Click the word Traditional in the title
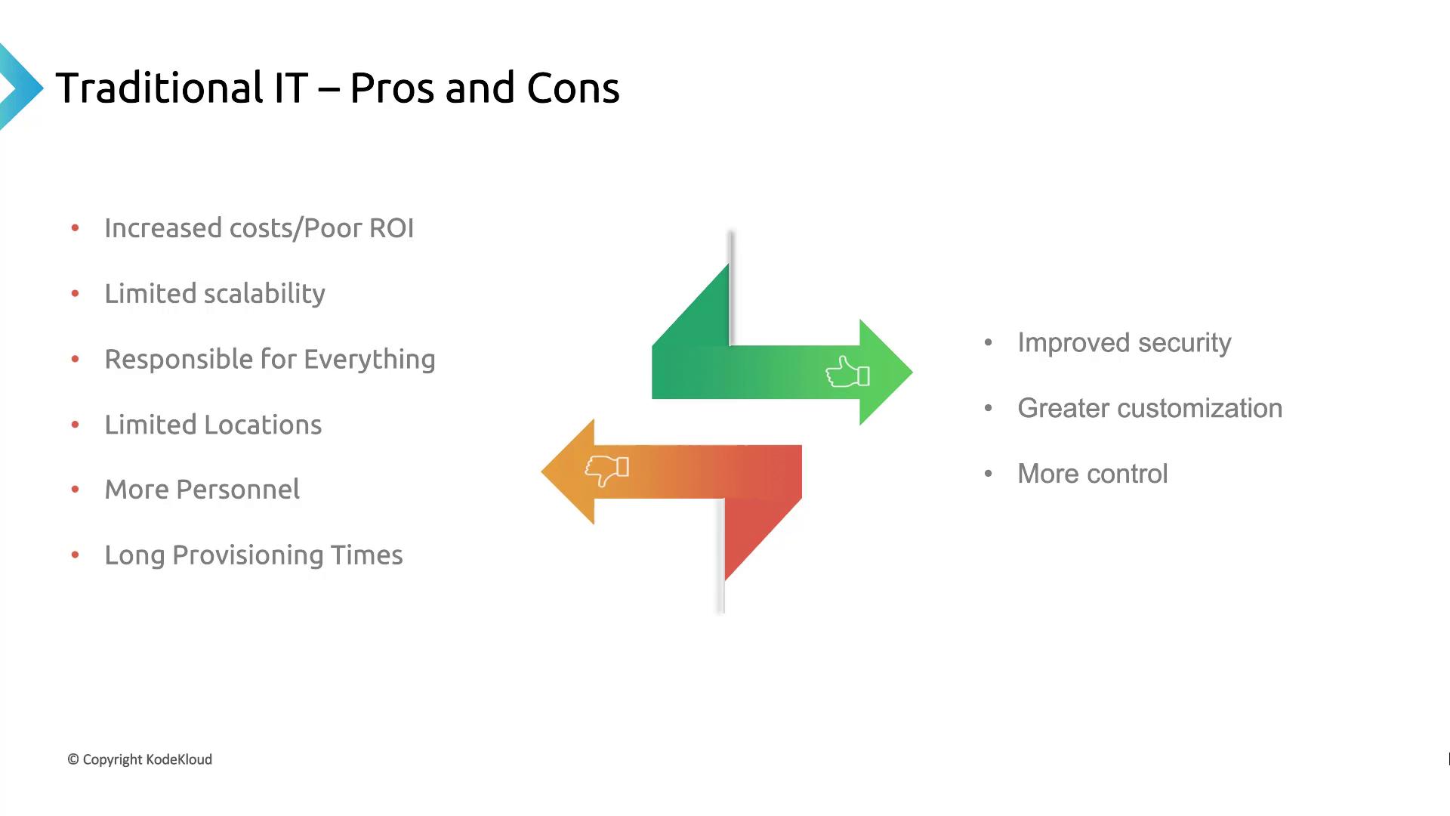pos(159,88)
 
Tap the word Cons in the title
pos(572,88)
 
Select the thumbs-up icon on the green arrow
pos(847,372)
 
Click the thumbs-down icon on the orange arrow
pos(606,470)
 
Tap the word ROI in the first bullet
pos(391,228)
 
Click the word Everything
pos(369,360)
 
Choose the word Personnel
pos(238,490)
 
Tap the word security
pos(1184,343)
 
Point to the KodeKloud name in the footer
pos(179,760)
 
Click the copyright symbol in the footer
pos(73,760)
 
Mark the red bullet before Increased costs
pos(75,228)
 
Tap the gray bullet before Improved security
pos(988,343)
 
